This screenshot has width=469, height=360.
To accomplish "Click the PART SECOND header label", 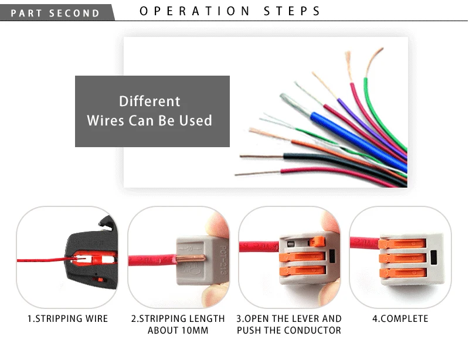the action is pyautogui.click(x=56, y=13).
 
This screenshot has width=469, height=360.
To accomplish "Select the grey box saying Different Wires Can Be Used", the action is pyautogui.click(x=152, y=111).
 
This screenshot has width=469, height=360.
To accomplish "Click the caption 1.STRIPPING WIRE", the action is pyautogui.click(x=68, y=319).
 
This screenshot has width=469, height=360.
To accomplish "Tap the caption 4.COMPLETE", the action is pyautogui.click(x=400, y=319).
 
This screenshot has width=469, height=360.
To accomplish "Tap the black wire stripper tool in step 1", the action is pyautogui.click(x=88, y=252).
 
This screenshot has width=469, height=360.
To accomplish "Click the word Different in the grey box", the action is pyautogui.click(x=149, y=101).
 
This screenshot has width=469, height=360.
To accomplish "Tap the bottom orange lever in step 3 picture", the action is pyautogui.click(x=305, y=271).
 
